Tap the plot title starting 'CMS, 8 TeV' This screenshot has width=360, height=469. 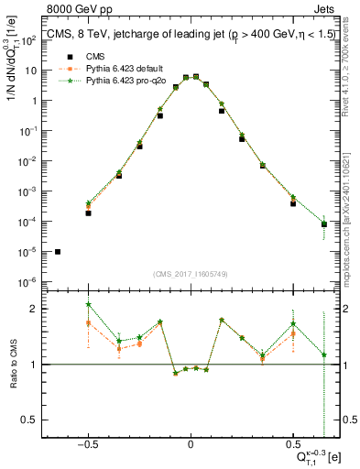tap(183, 38)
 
